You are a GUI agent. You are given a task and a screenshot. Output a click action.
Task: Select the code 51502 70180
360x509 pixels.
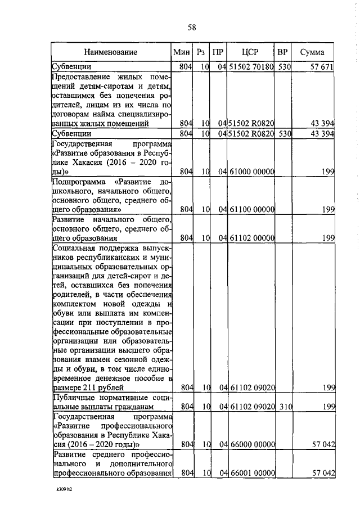pyautogui.click(x=251, y=67)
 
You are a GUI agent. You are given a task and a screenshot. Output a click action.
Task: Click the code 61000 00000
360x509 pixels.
pyautogui.click(x=251, y=171)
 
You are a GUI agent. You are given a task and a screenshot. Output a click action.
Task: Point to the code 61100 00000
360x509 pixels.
pyautogui.click(x=251, y=210)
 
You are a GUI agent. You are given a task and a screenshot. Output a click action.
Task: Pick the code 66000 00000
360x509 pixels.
pyautogui.click(x=251, y=444)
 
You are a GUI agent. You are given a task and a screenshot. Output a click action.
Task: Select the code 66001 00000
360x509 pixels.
pyautogui.click(x=251, y=473)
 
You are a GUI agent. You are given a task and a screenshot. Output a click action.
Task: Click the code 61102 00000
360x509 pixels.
pyautogui.click(x=251, y=238)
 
